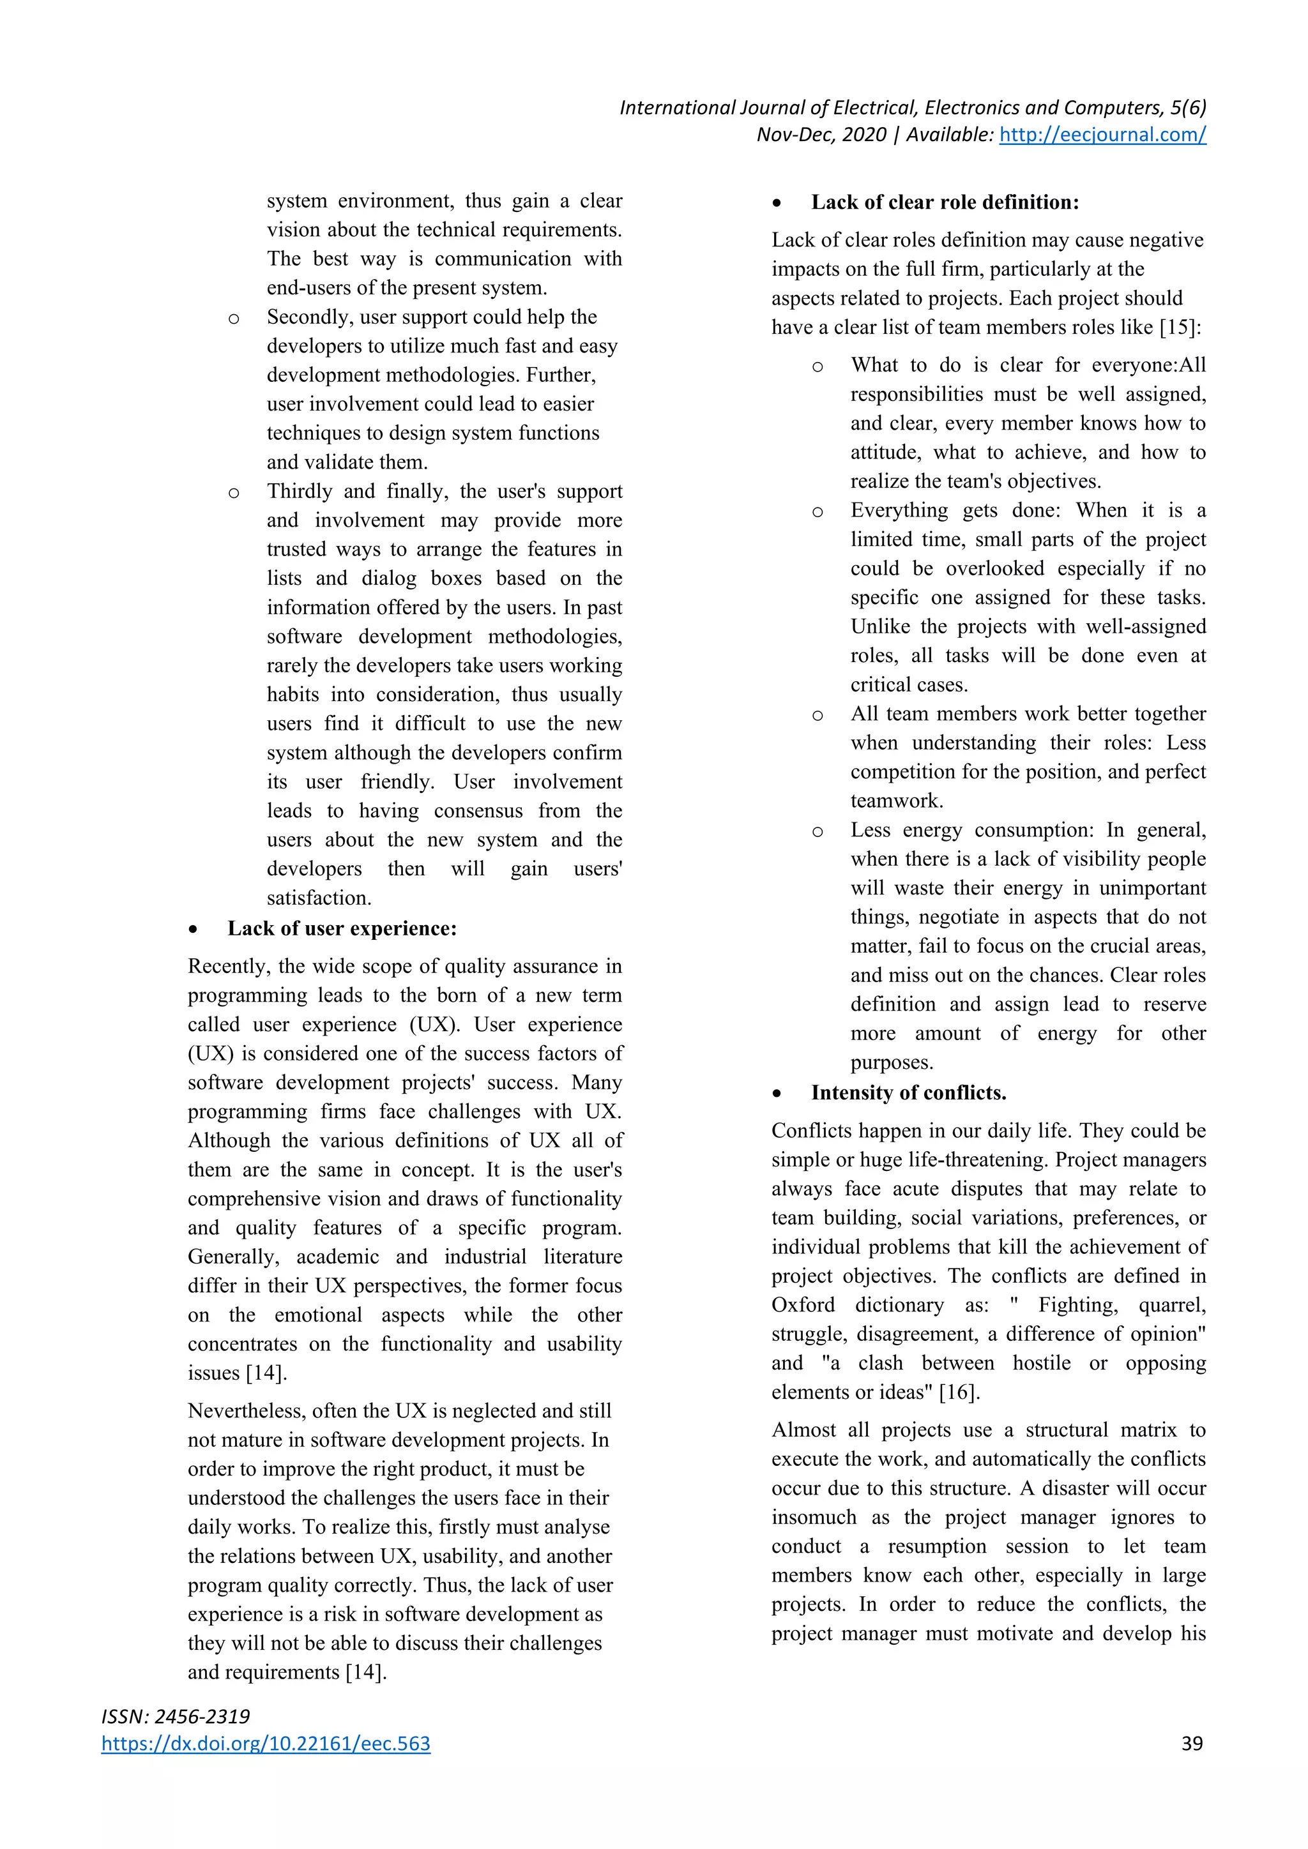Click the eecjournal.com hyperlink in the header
(1102, 135)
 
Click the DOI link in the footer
(266, 1744)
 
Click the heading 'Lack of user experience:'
(342, 928)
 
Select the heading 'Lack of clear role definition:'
(945, 202)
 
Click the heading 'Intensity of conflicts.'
(909, 1093)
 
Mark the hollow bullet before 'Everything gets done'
(817, 512)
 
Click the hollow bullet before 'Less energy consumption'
(817, 832)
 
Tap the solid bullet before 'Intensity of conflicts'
(777, 1094)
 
